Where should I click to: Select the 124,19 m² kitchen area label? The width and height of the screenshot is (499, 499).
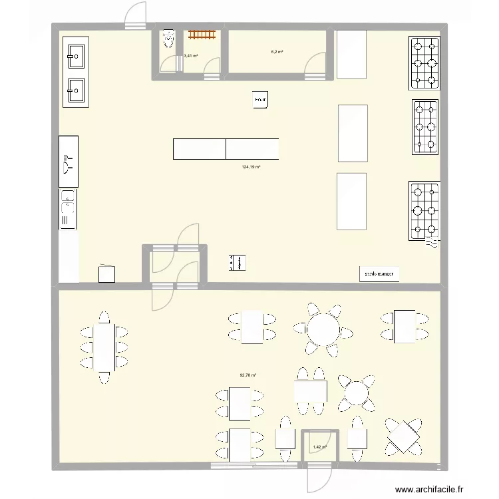(251, 168)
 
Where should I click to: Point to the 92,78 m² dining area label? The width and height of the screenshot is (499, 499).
(248, 375)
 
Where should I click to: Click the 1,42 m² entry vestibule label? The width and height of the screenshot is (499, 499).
(320, 447)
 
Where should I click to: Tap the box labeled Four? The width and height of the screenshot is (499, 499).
(260, 100)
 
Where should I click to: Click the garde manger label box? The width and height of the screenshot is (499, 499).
(379, 273)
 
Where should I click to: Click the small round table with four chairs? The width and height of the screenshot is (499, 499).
(357, 393)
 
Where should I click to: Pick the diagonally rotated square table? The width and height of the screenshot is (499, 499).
(404, 437)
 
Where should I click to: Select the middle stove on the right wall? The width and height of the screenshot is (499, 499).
(426, 126)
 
